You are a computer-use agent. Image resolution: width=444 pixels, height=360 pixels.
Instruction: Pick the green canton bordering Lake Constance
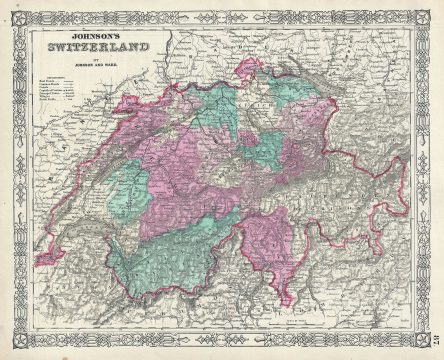[x=290, y=105]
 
